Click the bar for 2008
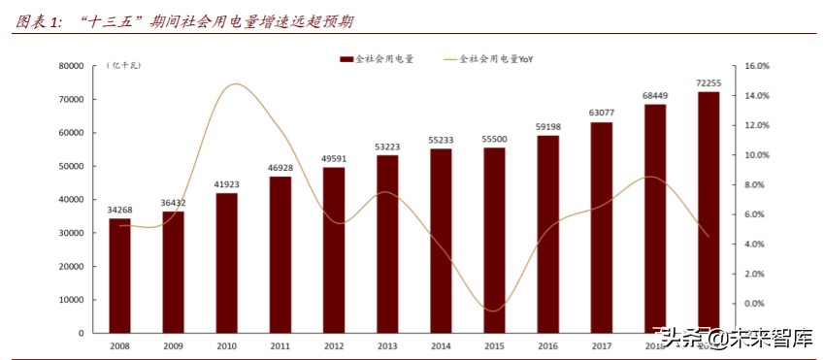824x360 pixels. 119,276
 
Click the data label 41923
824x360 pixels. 227,183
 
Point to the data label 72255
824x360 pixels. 709,82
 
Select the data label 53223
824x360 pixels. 387,147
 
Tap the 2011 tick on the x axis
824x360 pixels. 280,344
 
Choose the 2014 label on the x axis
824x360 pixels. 441,344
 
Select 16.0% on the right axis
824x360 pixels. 756,66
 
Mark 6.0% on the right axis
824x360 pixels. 756,214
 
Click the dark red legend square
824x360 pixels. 346,59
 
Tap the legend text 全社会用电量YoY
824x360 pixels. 495,59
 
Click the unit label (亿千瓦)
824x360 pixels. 123,65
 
